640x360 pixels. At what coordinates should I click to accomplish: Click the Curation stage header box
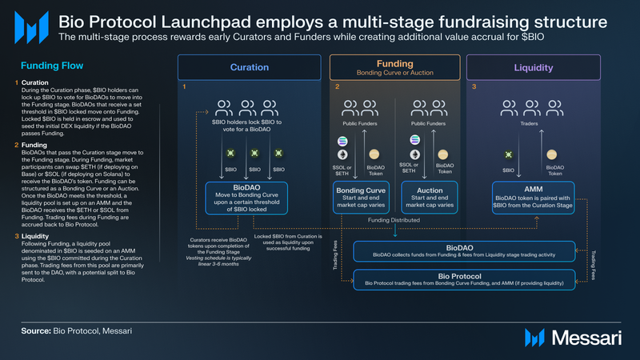(249, 67)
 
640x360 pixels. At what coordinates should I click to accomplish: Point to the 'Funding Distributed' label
(395, 220)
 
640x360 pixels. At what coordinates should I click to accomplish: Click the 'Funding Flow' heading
(38, 68)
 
